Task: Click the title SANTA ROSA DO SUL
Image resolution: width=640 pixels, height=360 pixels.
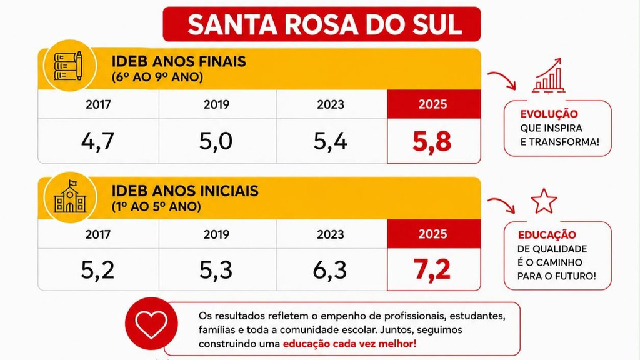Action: tap(324, 24)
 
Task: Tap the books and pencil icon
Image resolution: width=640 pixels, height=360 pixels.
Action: tap(68, 66)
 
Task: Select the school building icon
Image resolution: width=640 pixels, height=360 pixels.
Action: tap(70, 197)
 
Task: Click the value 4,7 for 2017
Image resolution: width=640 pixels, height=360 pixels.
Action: tap(97, 141)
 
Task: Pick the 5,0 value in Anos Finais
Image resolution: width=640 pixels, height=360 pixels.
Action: tap(216, 141)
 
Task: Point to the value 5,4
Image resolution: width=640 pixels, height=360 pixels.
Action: tap(330, 141)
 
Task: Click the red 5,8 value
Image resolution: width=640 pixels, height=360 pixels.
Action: tap(432, 142)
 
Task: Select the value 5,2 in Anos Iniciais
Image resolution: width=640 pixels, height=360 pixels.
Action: tap(97, 270)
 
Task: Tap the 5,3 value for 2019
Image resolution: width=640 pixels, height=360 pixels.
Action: tap(216, 270)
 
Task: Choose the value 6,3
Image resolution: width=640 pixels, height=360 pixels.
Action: tap(330, 270)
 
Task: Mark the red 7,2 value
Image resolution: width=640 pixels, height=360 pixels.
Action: tap(432, 269)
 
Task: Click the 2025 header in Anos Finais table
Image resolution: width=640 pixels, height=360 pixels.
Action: tap(432, 104)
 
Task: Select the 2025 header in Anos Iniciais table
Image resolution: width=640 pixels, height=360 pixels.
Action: tap(432, 234)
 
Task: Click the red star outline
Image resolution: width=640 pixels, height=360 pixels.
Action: tap(544, 201)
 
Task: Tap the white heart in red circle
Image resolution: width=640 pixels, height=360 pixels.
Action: tap(151, 324)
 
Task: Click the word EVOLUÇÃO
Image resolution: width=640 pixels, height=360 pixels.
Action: tap(549, 114)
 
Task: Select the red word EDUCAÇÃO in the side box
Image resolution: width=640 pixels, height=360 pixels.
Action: tap(547, 235)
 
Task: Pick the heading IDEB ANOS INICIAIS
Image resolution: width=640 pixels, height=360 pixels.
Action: tap(185, 191)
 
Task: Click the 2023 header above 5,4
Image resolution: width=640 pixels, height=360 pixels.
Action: tap(331, 104)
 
